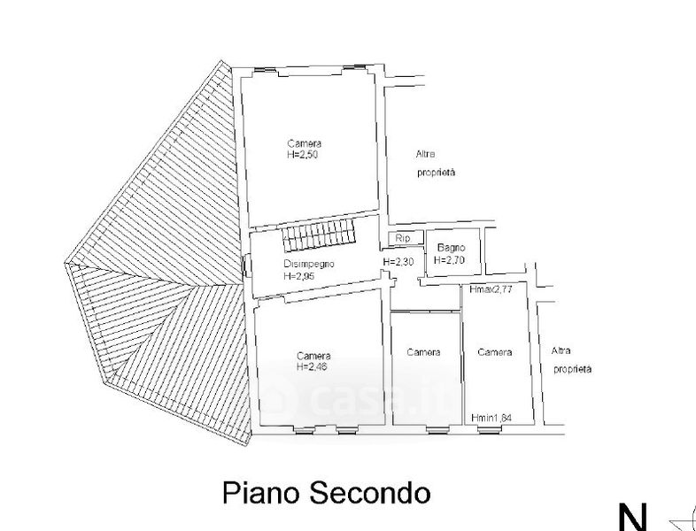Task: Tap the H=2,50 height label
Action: click(x=303, y=154)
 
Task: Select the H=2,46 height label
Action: click(x=313, y=366)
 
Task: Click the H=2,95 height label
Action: click(x=300, y=276)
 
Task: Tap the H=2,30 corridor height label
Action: click(x=398, y=262)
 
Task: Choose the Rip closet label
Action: click(x=403, y=238)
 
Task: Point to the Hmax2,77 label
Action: click(x=491, y=289)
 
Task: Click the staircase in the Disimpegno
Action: click(x=320, y=236)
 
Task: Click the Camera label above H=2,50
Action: click(x=304, y=143)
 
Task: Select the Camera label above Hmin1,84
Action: click(x=495, y=352)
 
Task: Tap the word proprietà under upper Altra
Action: click(x=436, y=173)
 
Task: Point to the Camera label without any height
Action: click(x=424, y=352)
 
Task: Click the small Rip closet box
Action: click(x=403, y=238)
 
